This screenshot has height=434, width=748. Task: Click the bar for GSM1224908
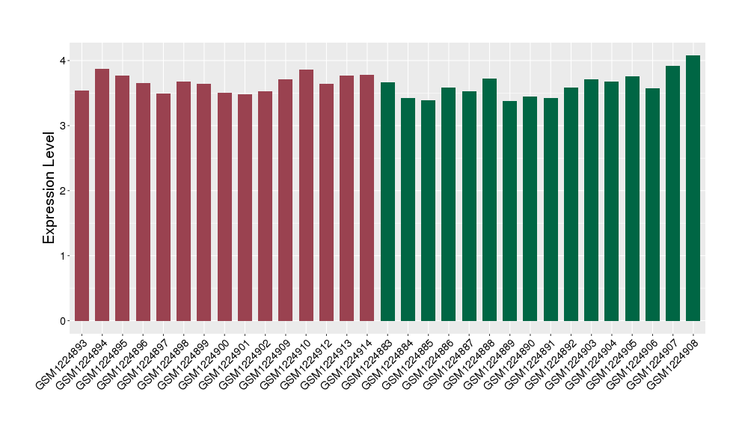coord(693,188)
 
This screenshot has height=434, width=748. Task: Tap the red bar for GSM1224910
coord(306,195)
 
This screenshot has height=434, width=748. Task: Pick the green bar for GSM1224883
coord(387,201)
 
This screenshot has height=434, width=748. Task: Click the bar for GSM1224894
coord(102,195)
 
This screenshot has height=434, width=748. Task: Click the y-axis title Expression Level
coord(49,188)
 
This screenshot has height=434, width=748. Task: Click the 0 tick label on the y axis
coord(64,321)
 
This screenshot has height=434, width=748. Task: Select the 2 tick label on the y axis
coord(64,191)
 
